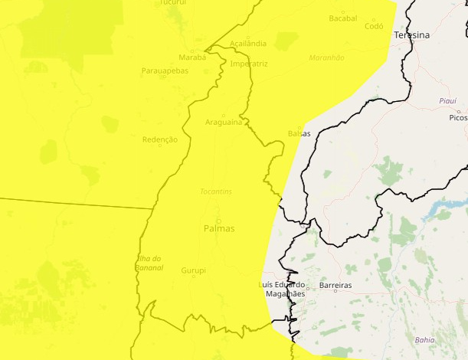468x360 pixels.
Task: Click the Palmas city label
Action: point(219,228)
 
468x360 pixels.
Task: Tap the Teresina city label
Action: point(411,35)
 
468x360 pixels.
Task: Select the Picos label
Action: point(458,118)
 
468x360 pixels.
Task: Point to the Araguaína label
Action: point(224,123)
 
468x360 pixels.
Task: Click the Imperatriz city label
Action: point(249,64)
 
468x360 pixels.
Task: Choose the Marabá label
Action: point(192,57)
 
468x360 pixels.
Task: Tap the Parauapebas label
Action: point(164,71)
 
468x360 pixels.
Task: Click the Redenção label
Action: point(160,139)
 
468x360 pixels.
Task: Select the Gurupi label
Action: point(194,270)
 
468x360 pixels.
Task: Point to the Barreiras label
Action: point(335,285)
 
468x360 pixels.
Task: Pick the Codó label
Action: point(374,26)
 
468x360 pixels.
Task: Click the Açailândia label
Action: point(248,43)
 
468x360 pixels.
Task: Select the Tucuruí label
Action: point(172,3)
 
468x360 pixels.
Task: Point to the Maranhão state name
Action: point(326,57)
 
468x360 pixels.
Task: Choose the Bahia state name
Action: point(424,339)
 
